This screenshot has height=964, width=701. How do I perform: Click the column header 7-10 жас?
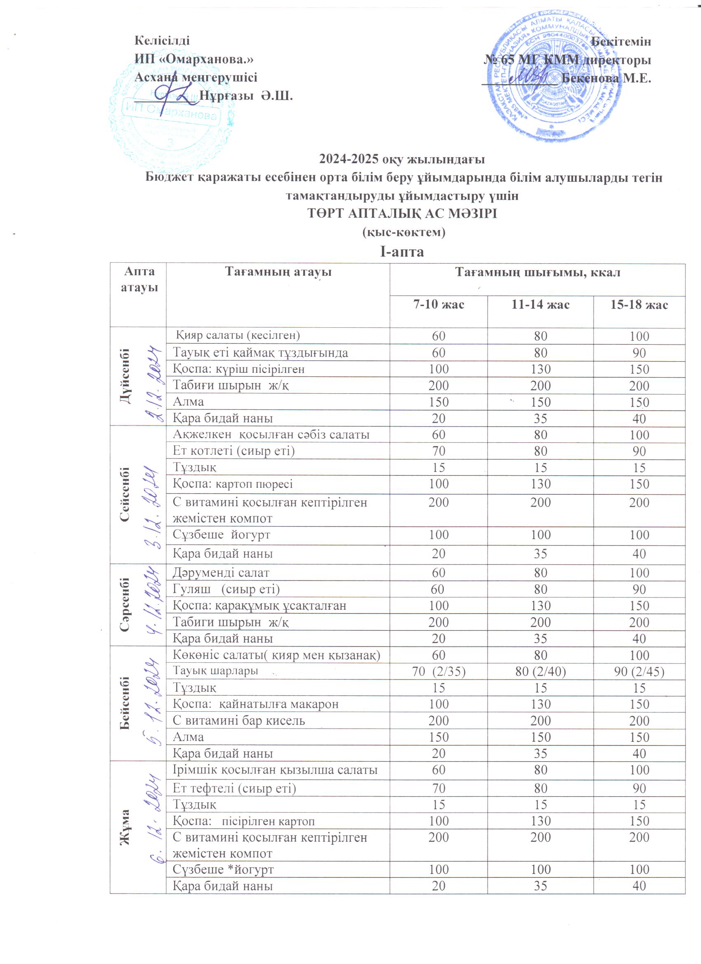438,304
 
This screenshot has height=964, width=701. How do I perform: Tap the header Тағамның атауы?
278,272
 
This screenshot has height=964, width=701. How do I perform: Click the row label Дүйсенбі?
126,376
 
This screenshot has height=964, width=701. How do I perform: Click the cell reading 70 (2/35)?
438,671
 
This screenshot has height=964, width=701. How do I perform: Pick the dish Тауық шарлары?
216,671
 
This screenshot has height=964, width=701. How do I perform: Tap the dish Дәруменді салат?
221,573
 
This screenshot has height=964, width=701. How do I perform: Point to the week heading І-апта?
402,252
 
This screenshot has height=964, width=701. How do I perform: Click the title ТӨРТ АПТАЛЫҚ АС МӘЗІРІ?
402,213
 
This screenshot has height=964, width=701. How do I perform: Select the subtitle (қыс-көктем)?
402,233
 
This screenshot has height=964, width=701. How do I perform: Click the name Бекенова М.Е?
606,79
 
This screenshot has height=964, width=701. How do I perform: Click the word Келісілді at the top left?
162,40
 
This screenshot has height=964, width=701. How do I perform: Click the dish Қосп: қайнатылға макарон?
256,704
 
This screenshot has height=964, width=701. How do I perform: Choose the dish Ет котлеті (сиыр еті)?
233,451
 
